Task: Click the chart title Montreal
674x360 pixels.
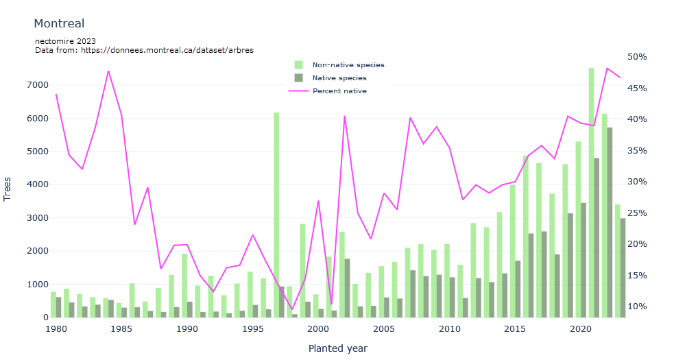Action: tap(59, 24)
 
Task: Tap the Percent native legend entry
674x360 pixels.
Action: tap(339, 91)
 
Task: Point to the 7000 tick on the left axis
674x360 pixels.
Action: tap(38, 85)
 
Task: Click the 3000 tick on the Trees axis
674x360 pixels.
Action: tap(38, 218)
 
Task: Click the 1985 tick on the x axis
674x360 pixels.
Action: tap(121, 329)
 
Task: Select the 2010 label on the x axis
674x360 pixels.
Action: tap(450, 329)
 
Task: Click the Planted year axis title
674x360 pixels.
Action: tap(337, 348)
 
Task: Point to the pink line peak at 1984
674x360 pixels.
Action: tap(108, 71)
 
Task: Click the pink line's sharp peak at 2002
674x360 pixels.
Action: tap(344, 116)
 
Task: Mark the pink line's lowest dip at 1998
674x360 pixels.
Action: tap(292, 309)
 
